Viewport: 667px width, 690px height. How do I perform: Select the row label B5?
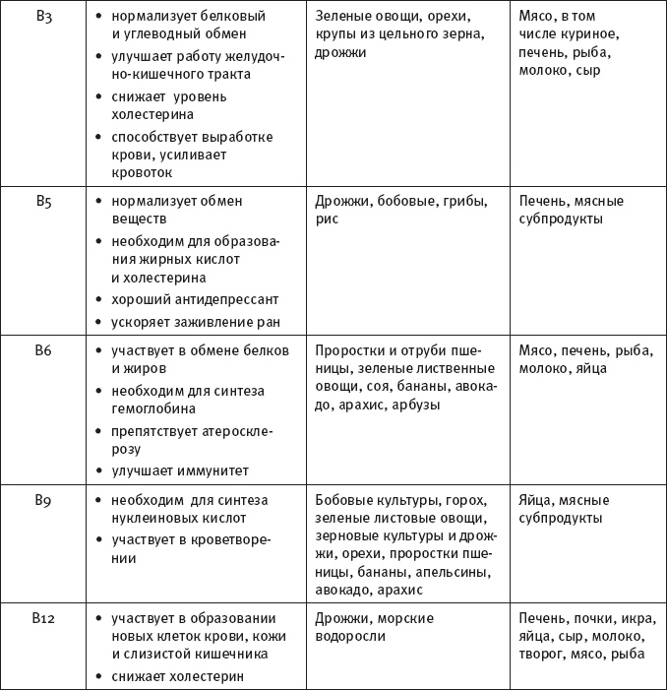(x=43, y=202)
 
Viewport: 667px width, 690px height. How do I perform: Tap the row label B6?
(x=43, y=350)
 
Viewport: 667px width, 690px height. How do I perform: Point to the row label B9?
(x=43, y=500)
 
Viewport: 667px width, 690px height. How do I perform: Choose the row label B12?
(x=43, y=619)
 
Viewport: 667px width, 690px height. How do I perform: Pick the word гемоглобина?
(x=145, y=408)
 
